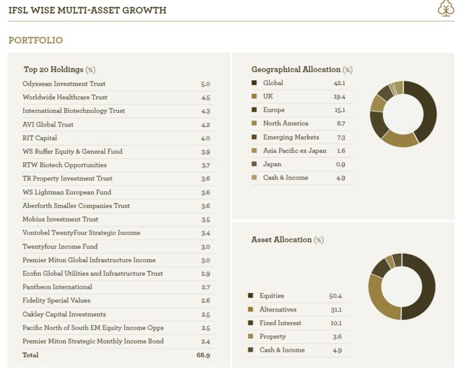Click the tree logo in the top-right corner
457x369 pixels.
(446, 8)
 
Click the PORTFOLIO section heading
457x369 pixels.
(35, 40)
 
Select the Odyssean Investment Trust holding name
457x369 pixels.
(64, 84)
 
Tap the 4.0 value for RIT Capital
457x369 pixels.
(205, 138)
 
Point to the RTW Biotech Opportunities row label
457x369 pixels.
(64, 165)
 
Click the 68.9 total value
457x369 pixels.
(204, 355)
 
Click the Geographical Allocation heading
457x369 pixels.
(296, 70)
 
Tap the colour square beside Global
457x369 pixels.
(254, 83)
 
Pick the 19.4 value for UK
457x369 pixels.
(340, 97)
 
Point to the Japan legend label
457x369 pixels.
(272, 164)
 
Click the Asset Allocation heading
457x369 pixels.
(281, 239)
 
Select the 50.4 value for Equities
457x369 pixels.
(335, 296)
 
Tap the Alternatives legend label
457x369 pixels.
(277, 310)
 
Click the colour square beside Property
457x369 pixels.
(251, 336)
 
